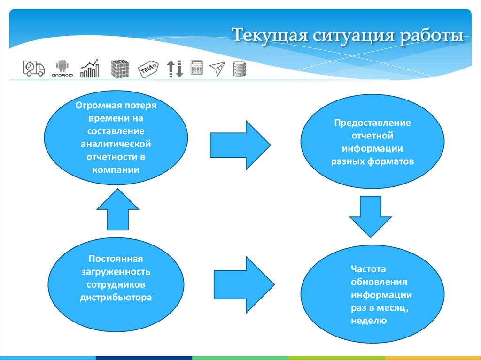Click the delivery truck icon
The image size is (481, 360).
[x=34, y=69]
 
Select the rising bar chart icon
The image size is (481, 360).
[x=90, y=69]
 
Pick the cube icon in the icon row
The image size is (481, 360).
[x=119, y=69]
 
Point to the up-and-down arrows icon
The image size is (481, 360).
[x=175, y=69]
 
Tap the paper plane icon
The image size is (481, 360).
[x=217, y=69]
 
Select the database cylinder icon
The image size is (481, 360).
[x=239, y=69]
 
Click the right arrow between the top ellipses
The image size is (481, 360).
[x=240, y=145]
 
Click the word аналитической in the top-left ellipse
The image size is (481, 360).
[x=116, y=144]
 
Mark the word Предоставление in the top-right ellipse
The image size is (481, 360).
[x=372, y=123]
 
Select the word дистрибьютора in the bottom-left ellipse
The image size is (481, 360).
[x=116, y=297]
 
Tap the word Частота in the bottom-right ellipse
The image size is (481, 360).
[x=368, y=269]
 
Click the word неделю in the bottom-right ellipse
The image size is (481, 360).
[x=368, y=321]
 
